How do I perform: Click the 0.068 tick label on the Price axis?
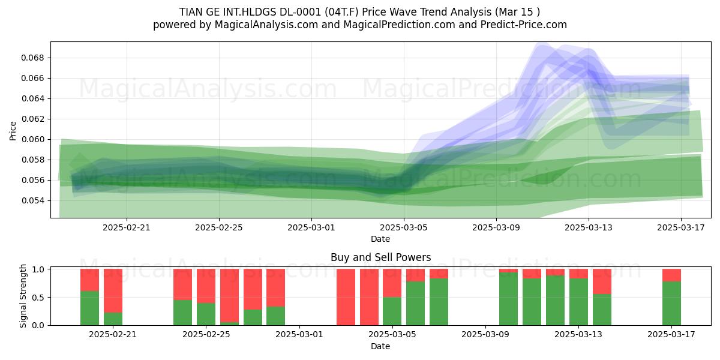pos(33,58)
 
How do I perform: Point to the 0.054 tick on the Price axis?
pos(33,200)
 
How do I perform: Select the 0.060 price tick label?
pos(33,139)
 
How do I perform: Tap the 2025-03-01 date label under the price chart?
pos(311,227)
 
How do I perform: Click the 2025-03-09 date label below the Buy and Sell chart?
pos(485,334)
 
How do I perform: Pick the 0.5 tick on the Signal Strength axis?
pos(39,298)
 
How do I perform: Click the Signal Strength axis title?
pos(23,296)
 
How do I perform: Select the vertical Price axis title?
pos(13,131)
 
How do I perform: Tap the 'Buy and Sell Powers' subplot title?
pos(380,257)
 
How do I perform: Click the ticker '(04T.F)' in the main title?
pos(341,12)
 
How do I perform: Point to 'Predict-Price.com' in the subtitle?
pos(524,25)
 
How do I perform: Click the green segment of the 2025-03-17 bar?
pos(672,304)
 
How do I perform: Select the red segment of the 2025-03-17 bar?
pos(672,275)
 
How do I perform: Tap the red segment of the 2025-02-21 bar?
pos(113,291)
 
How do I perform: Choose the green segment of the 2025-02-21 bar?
pos(113,319)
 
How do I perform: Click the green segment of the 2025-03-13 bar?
pos(578,302)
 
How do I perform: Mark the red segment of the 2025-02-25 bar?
pos(206,286)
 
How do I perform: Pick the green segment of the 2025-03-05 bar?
pos(392,311)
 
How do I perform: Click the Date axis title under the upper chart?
pos(380,239)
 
